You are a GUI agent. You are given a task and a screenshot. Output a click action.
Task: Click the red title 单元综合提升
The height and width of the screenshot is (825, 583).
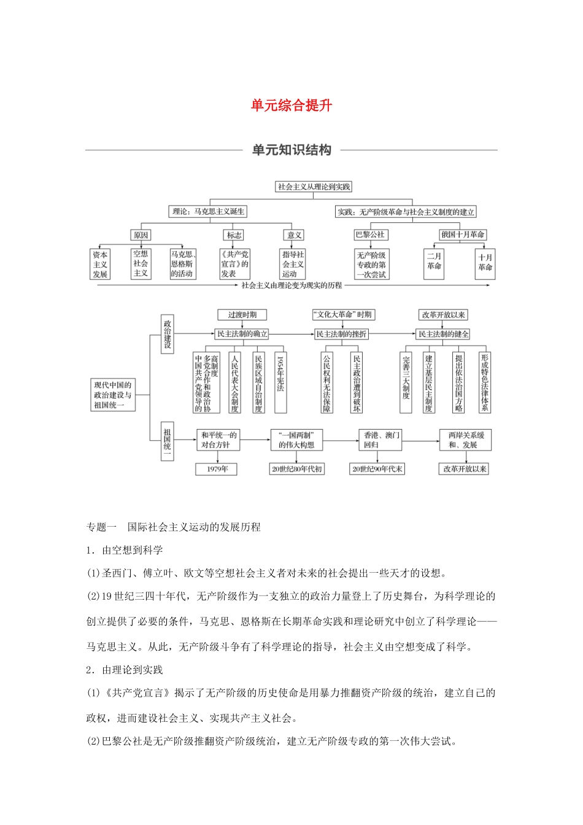291,106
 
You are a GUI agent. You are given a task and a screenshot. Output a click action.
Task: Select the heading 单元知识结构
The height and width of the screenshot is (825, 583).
291,150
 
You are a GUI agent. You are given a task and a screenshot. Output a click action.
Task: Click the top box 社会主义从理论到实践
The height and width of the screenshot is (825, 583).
314,187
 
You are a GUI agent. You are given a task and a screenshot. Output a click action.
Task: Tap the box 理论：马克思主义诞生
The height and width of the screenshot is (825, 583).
208,212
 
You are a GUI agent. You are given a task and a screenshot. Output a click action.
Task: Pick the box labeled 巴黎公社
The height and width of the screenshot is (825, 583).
370,234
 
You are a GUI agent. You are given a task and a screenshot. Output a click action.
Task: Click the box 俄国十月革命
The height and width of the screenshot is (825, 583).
462,234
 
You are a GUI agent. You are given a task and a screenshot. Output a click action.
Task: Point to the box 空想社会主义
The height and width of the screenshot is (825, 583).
141,263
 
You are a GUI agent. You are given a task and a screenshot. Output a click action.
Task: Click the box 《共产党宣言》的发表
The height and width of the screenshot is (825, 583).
234,264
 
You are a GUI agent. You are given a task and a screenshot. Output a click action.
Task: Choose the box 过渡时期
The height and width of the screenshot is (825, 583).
242,315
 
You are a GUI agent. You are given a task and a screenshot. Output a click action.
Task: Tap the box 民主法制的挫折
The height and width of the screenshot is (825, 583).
341,334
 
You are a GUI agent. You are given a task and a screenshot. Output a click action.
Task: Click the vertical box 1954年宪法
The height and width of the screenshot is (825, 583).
280,381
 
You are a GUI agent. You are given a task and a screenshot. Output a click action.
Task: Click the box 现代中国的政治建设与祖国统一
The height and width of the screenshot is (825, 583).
113,395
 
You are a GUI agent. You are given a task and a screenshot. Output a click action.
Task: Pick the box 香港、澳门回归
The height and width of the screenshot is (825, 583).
381,440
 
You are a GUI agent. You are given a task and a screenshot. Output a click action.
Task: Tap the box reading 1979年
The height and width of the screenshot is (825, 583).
217,469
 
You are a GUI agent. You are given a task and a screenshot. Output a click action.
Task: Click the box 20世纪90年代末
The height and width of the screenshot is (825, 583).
377,469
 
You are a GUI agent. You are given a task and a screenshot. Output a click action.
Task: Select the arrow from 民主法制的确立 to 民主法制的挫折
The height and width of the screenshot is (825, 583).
291,334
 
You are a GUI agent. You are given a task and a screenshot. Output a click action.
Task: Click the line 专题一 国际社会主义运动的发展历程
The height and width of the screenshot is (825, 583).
174,527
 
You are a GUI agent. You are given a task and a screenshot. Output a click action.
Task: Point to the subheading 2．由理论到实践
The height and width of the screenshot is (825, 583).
125,670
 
